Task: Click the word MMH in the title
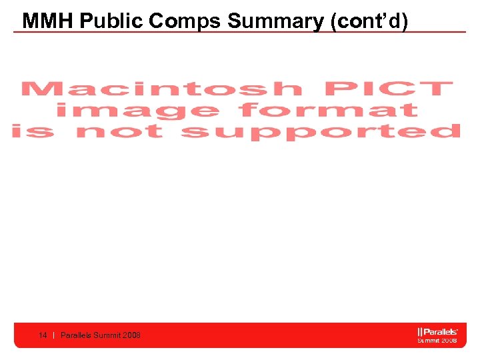click(47, 21)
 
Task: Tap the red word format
click(328, 110)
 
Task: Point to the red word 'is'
click(32, 131)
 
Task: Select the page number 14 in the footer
click(43, 335)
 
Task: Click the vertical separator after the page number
click(53, 335)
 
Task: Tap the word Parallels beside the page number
click(77, 335)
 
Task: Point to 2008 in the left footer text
click(132, 335)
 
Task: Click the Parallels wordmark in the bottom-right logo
click(441, 331)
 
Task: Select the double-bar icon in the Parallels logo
click(420, 331)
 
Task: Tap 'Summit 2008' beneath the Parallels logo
click(437, 340)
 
